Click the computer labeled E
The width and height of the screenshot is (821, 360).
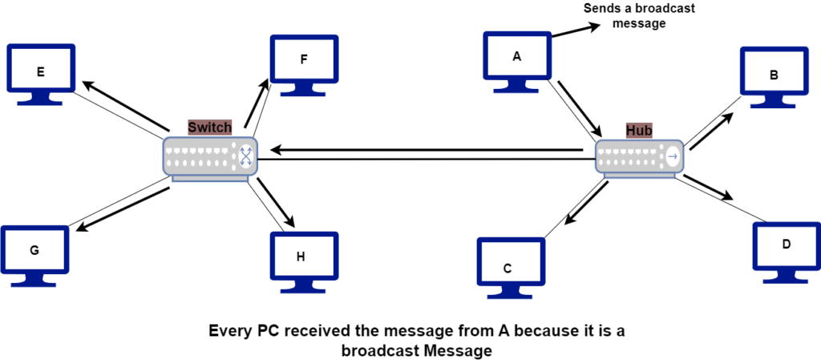click(41, 72)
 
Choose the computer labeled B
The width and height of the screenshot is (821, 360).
click(774, 75)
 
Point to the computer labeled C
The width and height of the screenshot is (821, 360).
click(508, 268)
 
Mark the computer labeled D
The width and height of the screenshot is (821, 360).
click(786, 245)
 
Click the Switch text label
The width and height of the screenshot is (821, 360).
click(209, 127)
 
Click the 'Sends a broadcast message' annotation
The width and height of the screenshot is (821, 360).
click(639, 16)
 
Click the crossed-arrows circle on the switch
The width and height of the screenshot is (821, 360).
click(245, 157)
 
